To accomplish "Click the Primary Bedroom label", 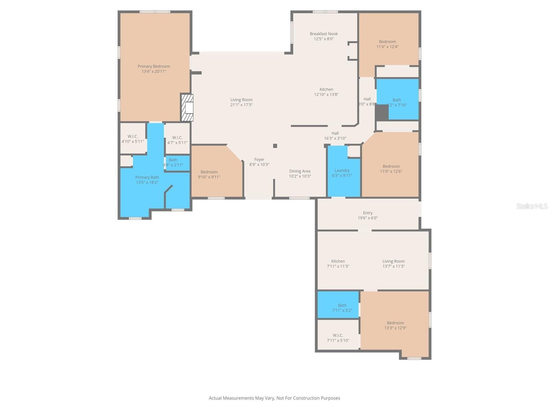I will tap(154, 67).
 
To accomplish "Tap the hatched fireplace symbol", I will tap(187, 108).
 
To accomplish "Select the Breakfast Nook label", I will tap(324, 34).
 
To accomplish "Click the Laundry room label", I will tap(342, 171).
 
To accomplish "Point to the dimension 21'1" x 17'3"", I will tap(241, 105).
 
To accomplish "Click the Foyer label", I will tap(259, 160).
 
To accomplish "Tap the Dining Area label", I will tap(300, 171).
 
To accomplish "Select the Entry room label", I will tap(367, 213).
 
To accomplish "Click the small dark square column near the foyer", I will tap(275, 146).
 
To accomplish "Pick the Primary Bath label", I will tap(147, 178).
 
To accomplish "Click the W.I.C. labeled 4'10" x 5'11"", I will tap(132, 139).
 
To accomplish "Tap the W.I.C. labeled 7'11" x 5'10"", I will tap(338, 338).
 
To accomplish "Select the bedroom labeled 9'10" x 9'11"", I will tap(209, 174).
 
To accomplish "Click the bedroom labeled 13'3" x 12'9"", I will tap(395, 325).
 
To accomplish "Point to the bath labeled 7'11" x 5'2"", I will tap(342, 308).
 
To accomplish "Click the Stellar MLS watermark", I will tap(532, 206).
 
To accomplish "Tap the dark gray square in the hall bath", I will tap(381, 113).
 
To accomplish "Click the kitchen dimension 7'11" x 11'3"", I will tap(338, 266).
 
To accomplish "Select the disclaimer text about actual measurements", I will tap(274, 398).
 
